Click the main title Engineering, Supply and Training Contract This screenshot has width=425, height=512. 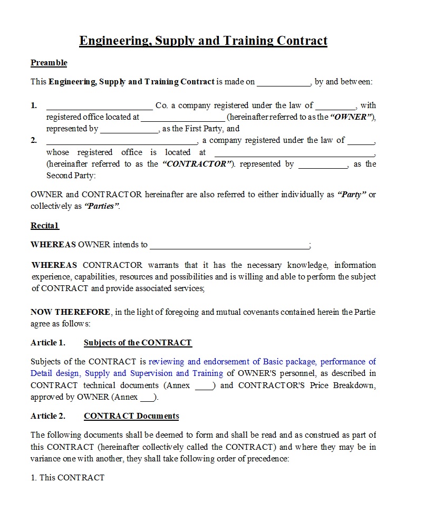[x=203, y=41]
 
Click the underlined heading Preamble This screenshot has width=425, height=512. [x=49, y=63]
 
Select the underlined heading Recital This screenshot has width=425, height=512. [x=44, y=226]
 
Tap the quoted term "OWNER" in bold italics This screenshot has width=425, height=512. [x=352, y=117]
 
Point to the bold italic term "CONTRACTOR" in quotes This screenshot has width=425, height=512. [x=198, y=164]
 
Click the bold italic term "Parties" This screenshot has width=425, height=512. [x=102, y=206]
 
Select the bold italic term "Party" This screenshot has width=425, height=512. [x=351, y=195]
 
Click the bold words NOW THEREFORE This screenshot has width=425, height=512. [x=71, y=312]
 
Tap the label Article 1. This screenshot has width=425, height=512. [x=48, y=343]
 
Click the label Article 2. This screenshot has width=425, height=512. [x=48, y=416]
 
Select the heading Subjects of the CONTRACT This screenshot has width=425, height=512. [x=138, y=343]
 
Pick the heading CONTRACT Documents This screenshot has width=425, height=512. [x=131, y=416]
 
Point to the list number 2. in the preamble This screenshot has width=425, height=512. [x=34, y=140]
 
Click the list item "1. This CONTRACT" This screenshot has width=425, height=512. [x=67, y=478]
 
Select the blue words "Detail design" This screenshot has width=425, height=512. [x=55, y=373]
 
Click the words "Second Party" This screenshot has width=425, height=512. [x=71, y=176]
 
